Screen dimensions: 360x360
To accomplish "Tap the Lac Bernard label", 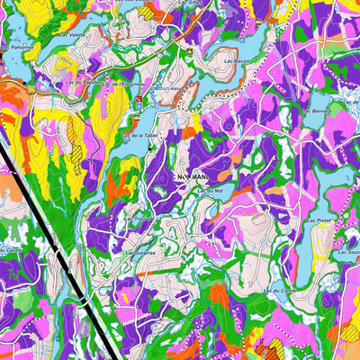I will tap(317, 109).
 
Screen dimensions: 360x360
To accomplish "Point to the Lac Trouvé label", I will tap(139, 218).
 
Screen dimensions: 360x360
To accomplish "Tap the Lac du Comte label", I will tap(277, 291).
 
